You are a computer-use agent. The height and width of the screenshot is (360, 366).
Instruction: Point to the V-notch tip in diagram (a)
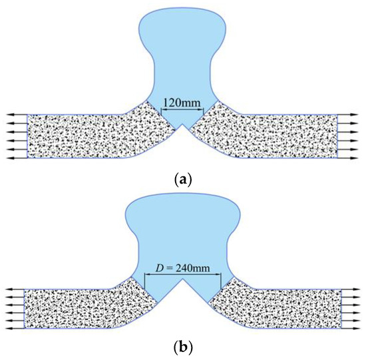pos(182,128)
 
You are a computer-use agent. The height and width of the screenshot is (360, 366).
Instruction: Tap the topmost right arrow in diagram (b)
pos(351,291)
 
